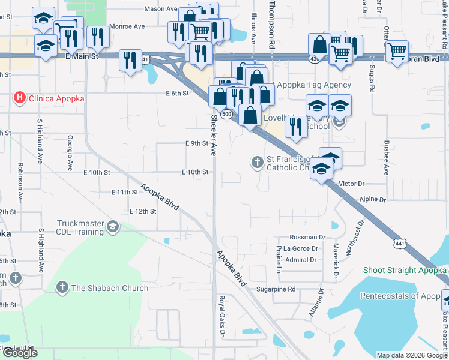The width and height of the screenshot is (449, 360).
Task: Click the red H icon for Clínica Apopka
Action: coord(20,98)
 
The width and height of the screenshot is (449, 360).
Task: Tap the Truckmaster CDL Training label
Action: coord(80,227)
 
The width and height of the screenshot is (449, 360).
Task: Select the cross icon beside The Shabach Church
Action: coord(61,288)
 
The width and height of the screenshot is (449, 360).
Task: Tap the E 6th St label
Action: coord(178,93)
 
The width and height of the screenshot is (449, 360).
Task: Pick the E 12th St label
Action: coord(143,211)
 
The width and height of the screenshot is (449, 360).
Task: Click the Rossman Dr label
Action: coord(307,238)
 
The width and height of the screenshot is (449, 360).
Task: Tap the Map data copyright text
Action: coord(411,355)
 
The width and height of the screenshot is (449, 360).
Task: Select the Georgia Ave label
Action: coord(70,152)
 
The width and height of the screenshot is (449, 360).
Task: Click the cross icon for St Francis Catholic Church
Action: coord(257,162)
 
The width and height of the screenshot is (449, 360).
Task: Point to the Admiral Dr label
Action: coord(300,260)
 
